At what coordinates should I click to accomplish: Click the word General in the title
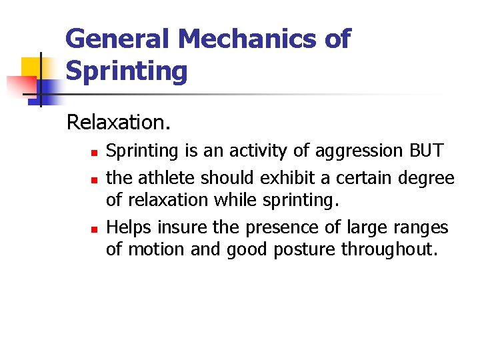[117, 39]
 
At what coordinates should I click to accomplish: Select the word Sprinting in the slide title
[126, 71]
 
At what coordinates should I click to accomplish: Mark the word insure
[183, 227]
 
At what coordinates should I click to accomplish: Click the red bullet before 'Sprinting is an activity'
[95, 153]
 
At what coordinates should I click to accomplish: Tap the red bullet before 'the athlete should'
[95, 180]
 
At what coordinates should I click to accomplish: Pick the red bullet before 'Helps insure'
[95, 229]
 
